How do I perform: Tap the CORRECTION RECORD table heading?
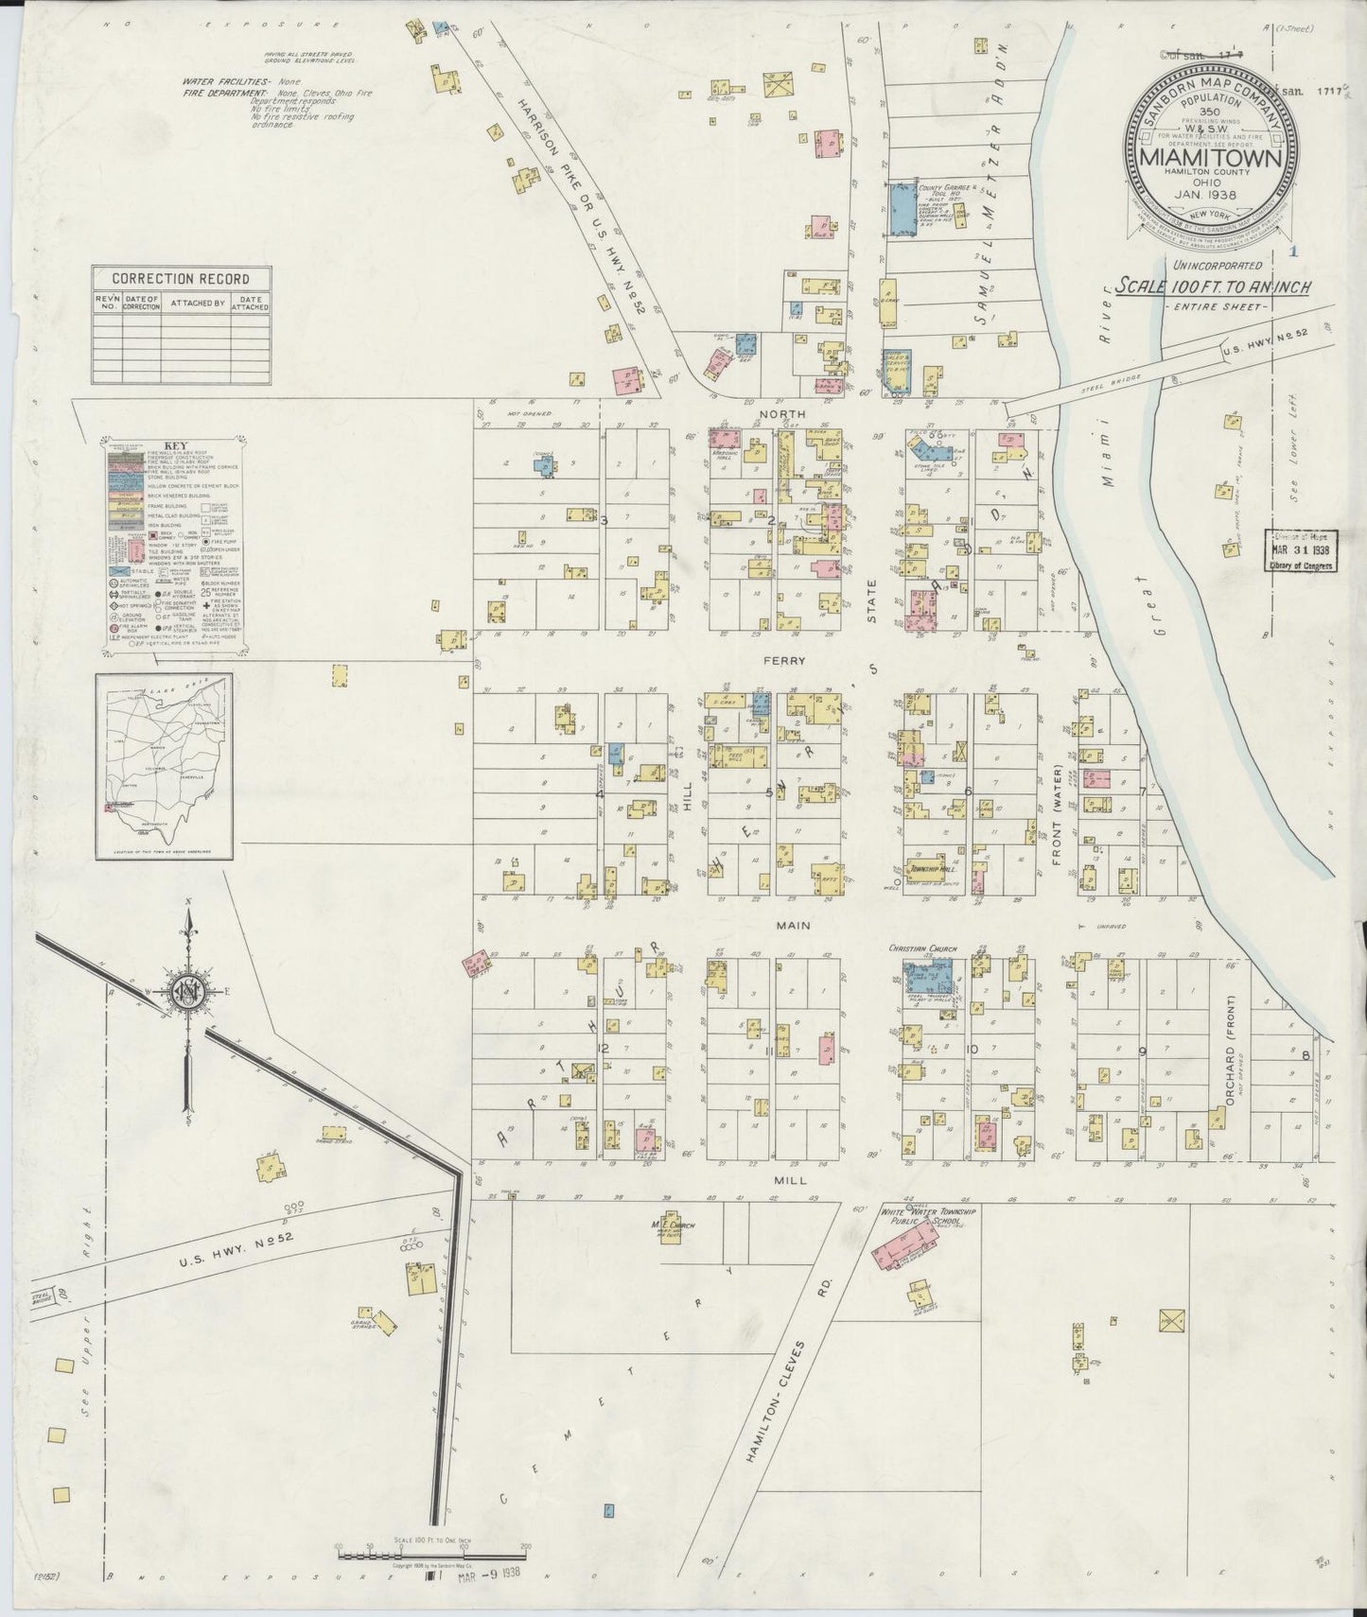point(181,279)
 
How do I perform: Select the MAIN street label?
point(788,927)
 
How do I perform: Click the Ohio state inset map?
point(164,766)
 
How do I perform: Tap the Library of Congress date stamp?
point(1301,551)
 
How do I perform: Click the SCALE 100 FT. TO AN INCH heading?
point(1212,287)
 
